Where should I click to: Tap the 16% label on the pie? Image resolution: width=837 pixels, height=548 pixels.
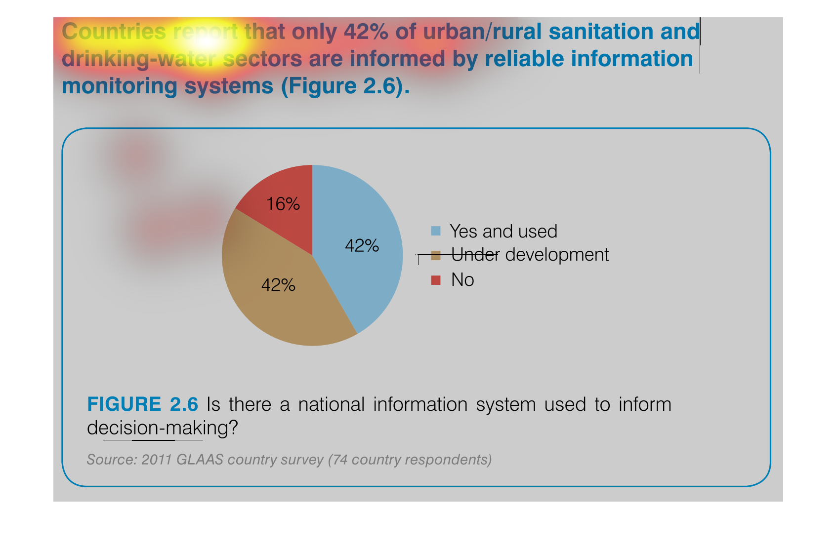pyautogui.click(x=283, y=204)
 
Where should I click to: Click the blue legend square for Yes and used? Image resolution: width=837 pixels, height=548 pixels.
pyautogui.click(x=436, y=231)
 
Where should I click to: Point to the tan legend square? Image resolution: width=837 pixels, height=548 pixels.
pyautogui.click(x=436, y=255)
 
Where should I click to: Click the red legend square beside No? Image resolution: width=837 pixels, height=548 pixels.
pyautogui.click(x=436, y=280)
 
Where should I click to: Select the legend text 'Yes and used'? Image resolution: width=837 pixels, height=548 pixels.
pyautogui.click(x=503, y=232)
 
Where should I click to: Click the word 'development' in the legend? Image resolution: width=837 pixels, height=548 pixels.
pyautogui.click(x=557, y=255)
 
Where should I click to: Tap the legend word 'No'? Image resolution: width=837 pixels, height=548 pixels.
pyautogui.click(x=462, y=279)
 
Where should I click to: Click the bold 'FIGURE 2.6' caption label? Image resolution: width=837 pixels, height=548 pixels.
pyautogui.click(x=142, y=404)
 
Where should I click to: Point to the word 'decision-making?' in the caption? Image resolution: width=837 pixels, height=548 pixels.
pyautogui.click(x=162, y=428)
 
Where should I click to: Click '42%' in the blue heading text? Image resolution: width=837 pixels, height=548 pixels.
pyautogui.click(x=366, y=32)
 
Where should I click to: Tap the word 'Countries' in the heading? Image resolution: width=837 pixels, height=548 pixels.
pyautogui.click(x=114, y=32)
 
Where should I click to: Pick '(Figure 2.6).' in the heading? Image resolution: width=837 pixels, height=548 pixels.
pyautogui.click(x=345, y=86)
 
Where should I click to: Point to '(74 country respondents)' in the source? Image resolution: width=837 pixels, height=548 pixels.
pyautogui.click(x=410, y=460)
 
